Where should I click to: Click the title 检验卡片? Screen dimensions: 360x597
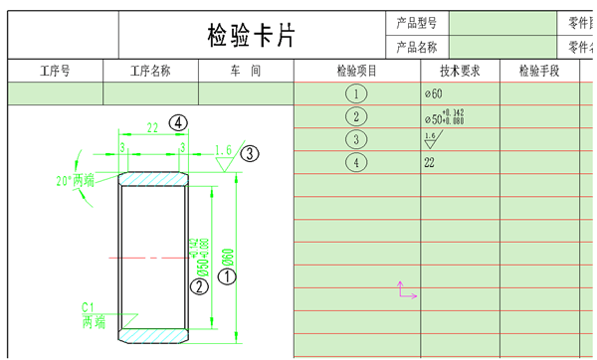tap(251, 36)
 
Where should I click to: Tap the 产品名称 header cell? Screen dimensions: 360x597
tap(417, 47)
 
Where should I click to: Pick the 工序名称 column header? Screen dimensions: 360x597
tap(150, 72)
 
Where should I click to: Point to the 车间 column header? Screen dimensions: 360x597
tap(246, 72)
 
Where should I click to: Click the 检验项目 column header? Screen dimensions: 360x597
tap(357, 72)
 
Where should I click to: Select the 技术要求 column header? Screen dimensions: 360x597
tap(460, 72)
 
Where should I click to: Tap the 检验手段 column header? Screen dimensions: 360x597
tap(539, 72)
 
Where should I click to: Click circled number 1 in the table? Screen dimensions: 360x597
tap(356, 93)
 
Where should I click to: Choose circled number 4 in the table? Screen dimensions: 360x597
tap(356, 162)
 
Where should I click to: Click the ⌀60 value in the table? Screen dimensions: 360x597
tap(433, 93)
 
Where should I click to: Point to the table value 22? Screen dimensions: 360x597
tap(430, 162)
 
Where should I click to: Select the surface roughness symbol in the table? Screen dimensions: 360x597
tap(430, 140)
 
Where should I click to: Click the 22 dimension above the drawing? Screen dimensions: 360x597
tap(152, 127)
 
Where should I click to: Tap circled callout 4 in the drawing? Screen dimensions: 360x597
tap(178, 122)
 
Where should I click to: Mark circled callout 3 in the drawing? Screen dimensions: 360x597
tap(251, 153)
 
